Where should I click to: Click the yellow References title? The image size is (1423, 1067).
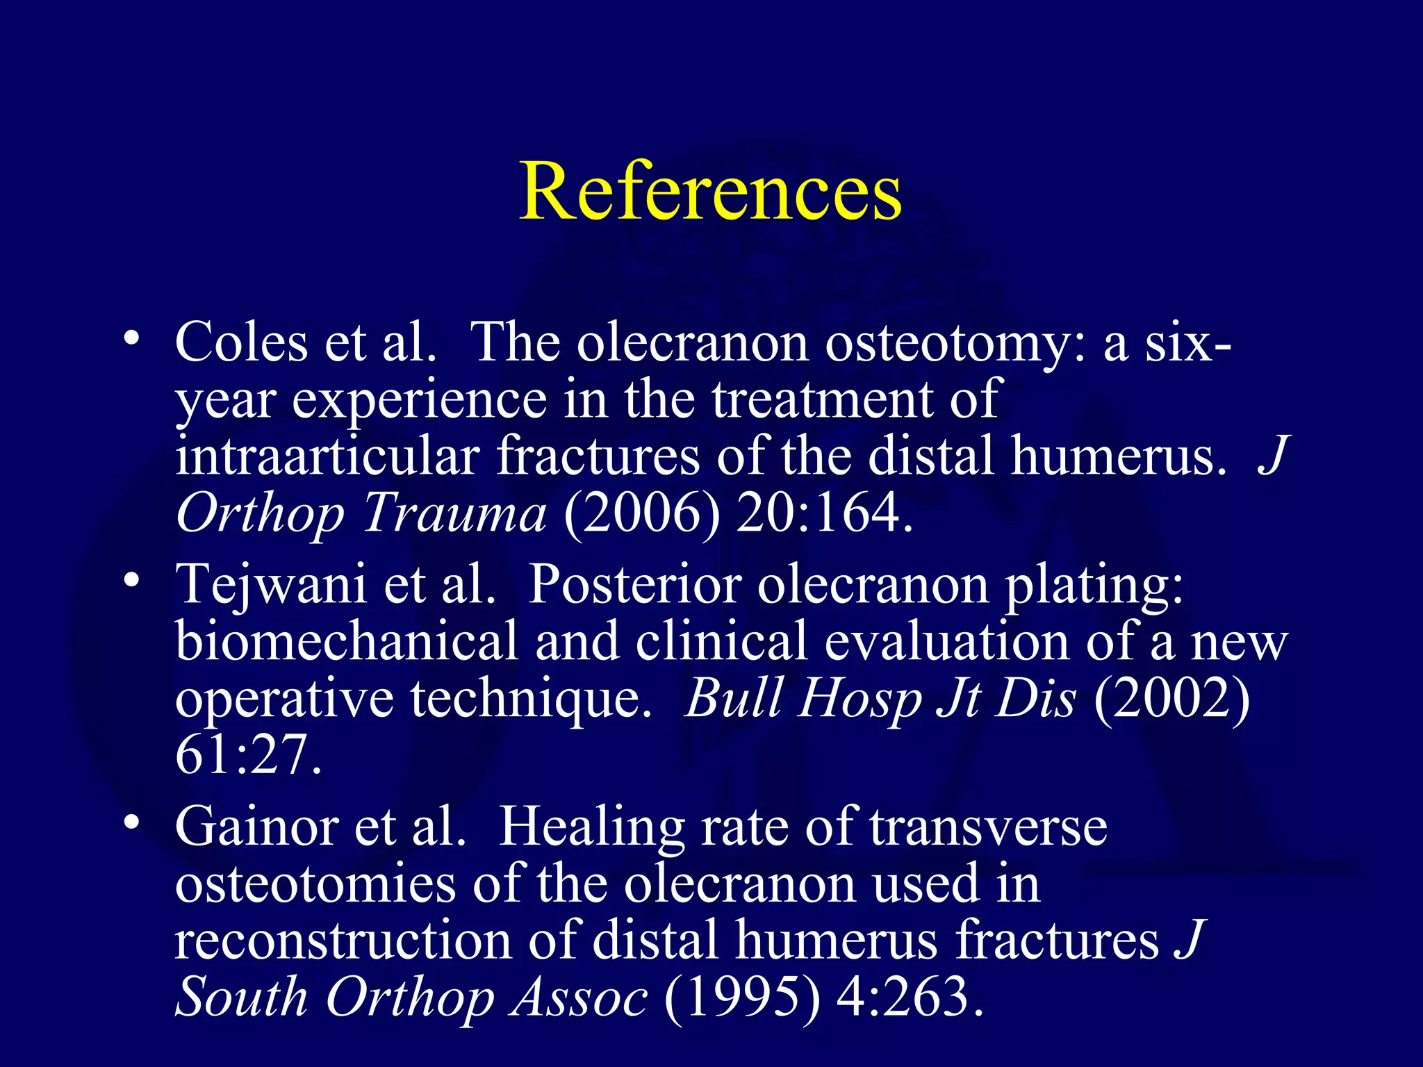(710, 191)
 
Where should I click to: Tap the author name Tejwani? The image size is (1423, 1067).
(270, 585)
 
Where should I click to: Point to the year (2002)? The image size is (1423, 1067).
(1171, 698)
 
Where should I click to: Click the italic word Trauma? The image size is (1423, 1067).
(454, 514)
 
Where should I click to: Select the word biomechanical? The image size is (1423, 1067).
(347, 641)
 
